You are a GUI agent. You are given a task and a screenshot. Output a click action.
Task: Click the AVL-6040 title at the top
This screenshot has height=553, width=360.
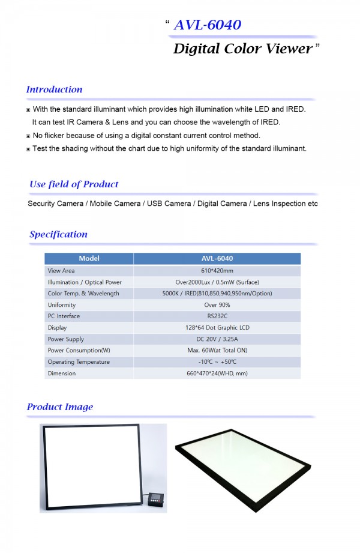pyautogui.click(x=207, y=25)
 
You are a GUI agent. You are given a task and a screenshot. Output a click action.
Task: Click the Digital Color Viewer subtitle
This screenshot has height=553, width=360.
pyautogui.click(x=242, y=49)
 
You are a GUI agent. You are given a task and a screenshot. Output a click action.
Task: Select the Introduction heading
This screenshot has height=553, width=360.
pyautogui.click(x=54, y=89)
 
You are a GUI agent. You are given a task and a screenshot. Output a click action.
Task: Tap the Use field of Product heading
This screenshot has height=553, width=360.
pyautogui.click(x=74, y=184)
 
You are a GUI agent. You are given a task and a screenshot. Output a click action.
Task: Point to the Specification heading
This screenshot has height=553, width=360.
pyautogui.click(x=58, y=234)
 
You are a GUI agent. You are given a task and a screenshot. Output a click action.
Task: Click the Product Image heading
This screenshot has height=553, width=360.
pyautogui.click(x=60, y=406)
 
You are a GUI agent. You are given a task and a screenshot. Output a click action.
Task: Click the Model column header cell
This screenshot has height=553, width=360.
pyautogui.click(x=89, y=259)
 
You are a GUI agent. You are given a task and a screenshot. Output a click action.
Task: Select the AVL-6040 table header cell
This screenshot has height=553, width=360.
pyautogui.click(x=217, y=259)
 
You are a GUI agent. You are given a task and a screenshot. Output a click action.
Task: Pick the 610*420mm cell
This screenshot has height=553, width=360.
pyautogui.click(x=217, y=271)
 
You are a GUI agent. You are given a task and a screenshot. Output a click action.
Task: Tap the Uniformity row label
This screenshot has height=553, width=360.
pyautogui.click(x=62, y=305)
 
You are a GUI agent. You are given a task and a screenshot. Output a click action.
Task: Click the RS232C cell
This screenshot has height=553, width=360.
pyautogui.click(x=217, y=316)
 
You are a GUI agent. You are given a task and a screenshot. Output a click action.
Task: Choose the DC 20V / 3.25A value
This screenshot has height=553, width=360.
pyautogui.click(x=217, y=339)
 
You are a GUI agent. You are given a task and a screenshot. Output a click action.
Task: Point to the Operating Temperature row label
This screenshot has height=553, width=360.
pyautogui.click(x=79, y=362)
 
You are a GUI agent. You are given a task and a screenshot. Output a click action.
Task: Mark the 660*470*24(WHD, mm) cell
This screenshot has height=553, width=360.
pyautogui.click(x=217, y=373)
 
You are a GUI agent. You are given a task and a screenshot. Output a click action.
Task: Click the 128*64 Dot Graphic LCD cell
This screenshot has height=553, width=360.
pyautogui.click(x=217, y=328)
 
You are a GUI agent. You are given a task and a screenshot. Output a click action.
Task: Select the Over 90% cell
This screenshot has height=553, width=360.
pyautogui.click(x=217, y=305)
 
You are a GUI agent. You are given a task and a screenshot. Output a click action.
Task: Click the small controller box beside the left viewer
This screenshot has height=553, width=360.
pyautogui.click(x=157, y=500)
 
